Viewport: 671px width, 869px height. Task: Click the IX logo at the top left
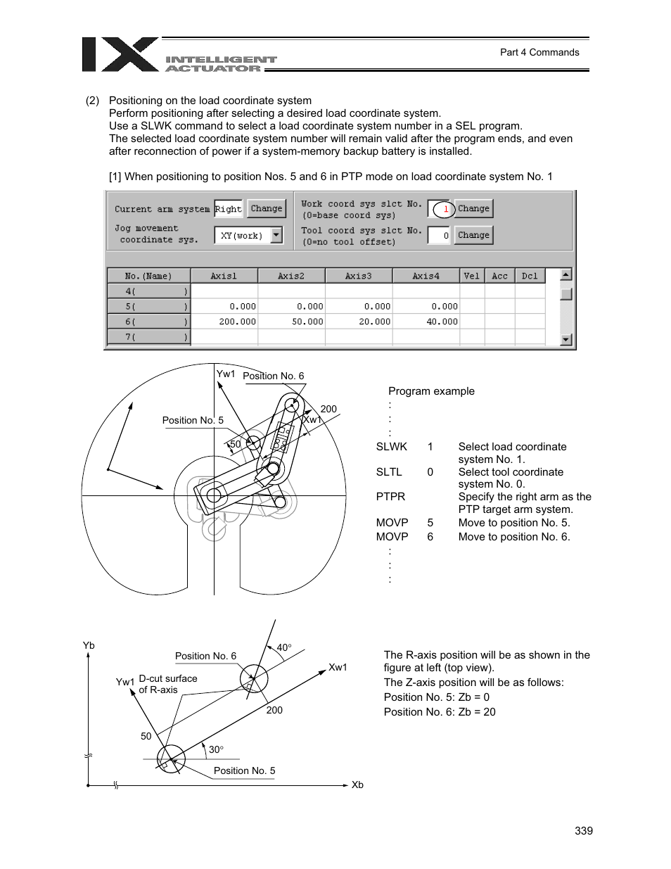[120, 55]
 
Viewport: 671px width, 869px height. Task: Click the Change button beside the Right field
[267, 208]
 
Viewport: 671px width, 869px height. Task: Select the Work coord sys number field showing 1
[440, 209]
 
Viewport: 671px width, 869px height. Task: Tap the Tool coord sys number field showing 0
[438, 236]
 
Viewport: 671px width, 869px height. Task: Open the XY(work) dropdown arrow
[276, 235]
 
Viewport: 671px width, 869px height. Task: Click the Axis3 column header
[358, 276]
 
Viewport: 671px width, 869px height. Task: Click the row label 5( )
[148, 307]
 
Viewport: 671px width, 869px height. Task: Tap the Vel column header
[471, 276]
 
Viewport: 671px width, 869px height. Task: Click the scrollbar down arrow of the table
[566, 340]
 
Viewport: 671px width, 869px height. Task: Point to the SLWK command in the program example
[391, 447]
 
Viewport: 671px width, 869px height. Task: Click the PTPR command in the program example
[390, 497]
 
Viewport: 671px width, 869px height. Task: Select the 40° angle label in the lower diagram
[283, 647]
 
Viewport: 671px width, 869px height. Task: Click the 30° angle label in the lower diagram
[216, 749]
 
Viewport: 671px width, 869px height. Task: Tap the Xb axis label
[357, 785]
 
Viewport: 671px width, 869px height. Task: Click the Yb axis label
[89, 645]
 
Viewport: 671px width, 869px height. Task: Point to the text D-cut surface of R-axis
[167, 684]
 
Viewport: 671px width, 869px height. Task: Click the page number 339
[583, 831]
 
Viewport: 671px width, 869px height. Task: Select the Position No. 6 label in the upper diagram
[273, 376]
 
